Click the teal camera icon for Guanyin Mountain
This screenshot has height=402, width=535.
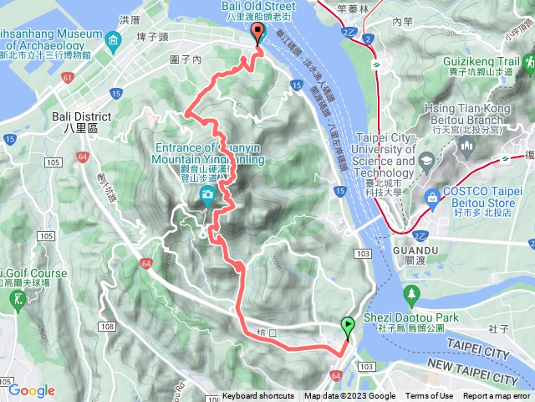[206, 196]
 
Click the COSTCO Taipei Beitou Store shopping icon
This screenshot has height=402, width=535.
[432, 197]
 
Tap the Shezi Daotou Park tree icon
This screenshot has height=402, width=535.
[410, 294]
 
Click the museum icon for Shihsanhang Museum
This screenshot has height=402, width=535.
[113, 39]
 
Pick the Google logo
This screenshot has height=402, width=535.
[32, 390]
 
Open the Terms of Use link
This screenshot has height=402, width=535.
[429, 396]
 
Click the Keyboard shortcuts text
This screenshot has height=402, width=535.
[258, 396]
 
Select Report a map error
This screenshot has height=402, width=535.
[497, 396]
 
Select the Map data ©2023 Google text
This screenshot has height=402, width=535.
[349, 396]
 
